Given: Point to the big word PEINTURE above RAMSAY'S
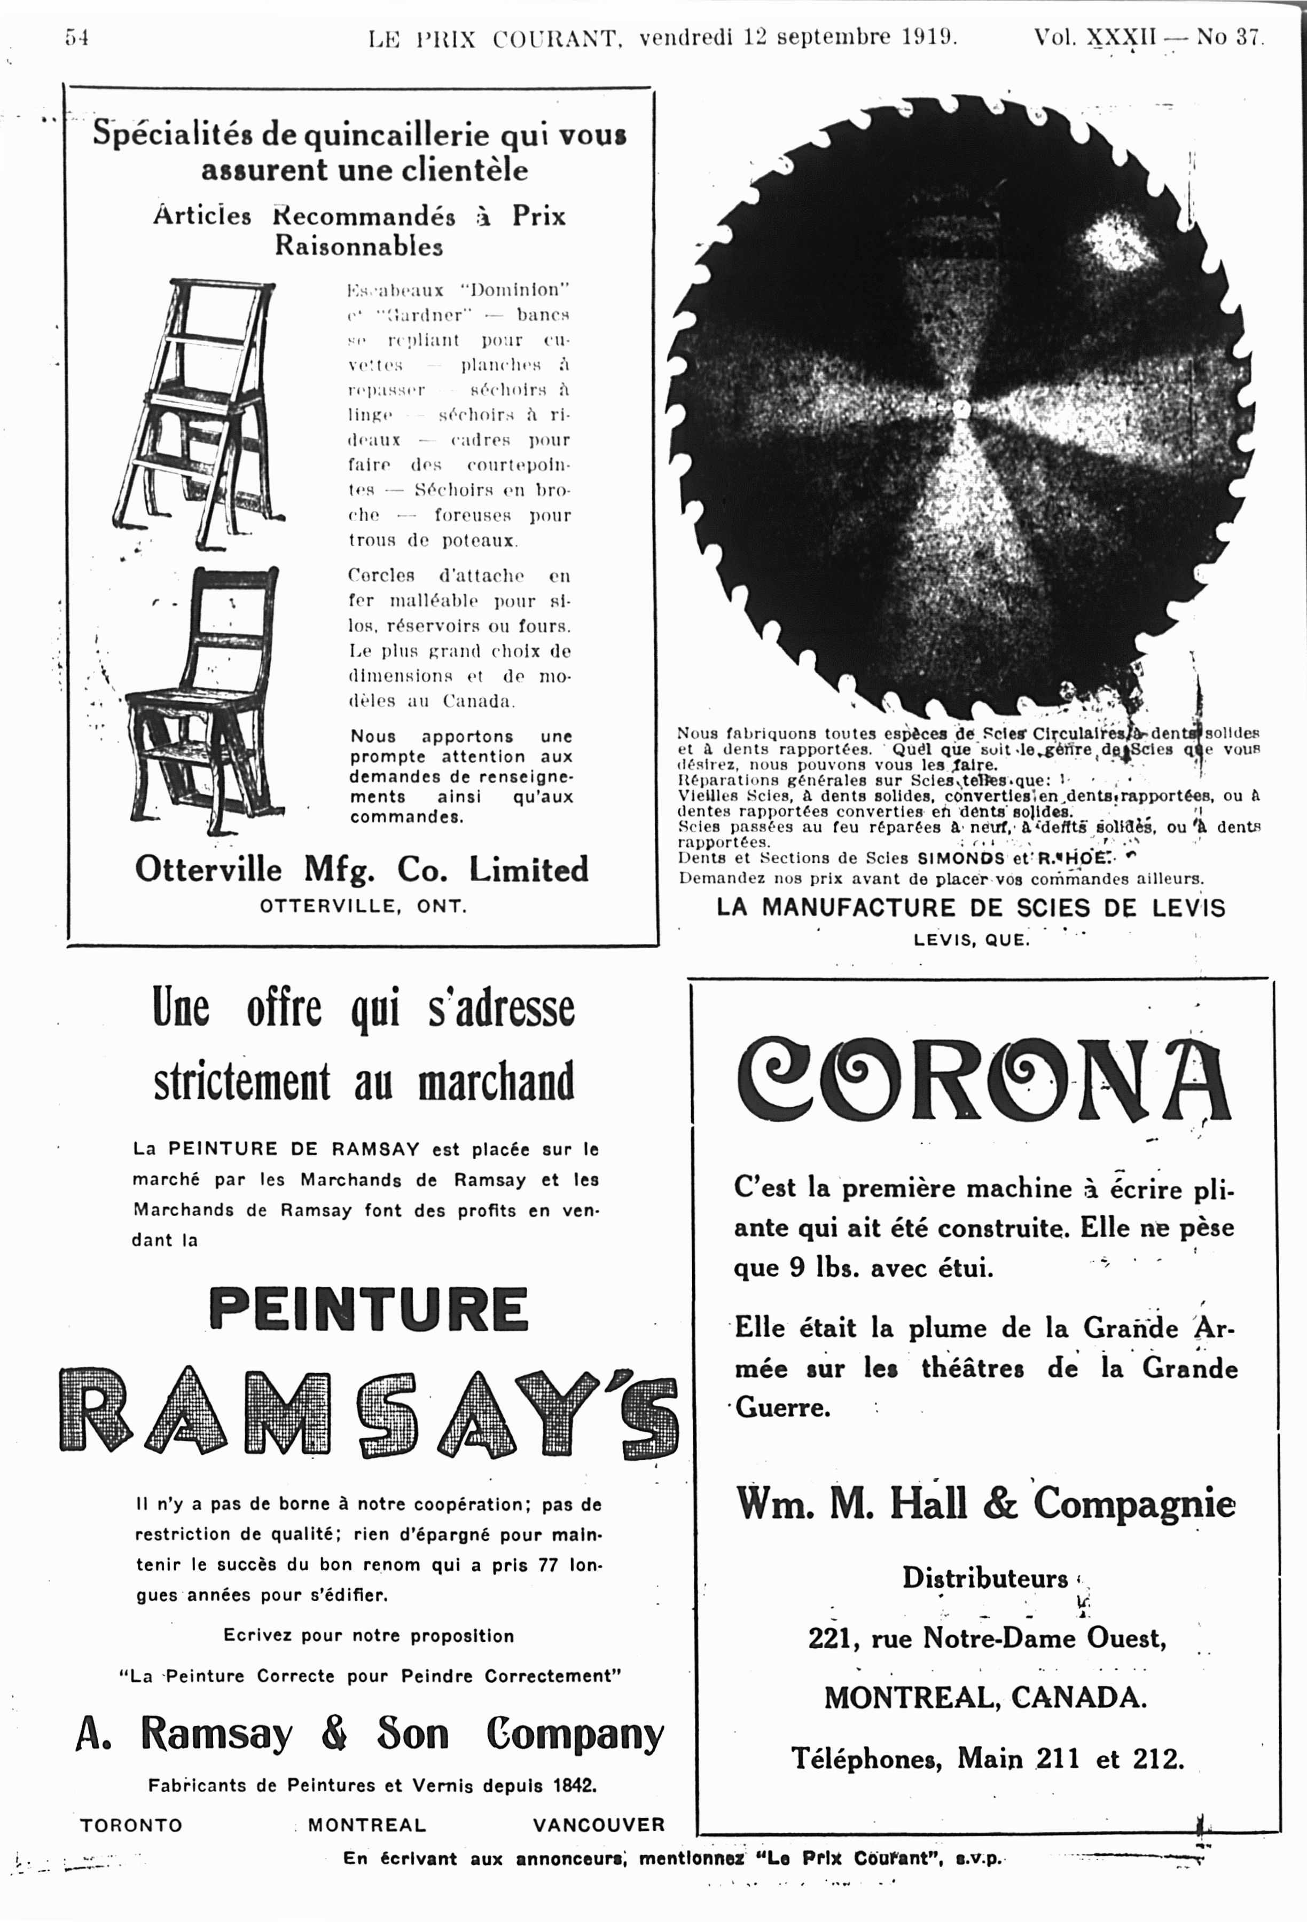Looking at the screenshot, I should (x=368, y=1309).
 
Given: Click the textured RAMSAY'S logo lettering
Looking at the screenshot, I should (x=368, y=1411).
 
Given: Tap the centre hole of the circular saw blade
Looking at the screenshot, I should (x=960, y=408).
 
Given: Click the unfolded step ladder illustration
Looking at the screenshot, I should (x=199, y=414).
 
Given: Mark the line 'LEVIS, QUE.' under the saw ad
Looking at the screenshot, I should (x=971, y=940).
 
